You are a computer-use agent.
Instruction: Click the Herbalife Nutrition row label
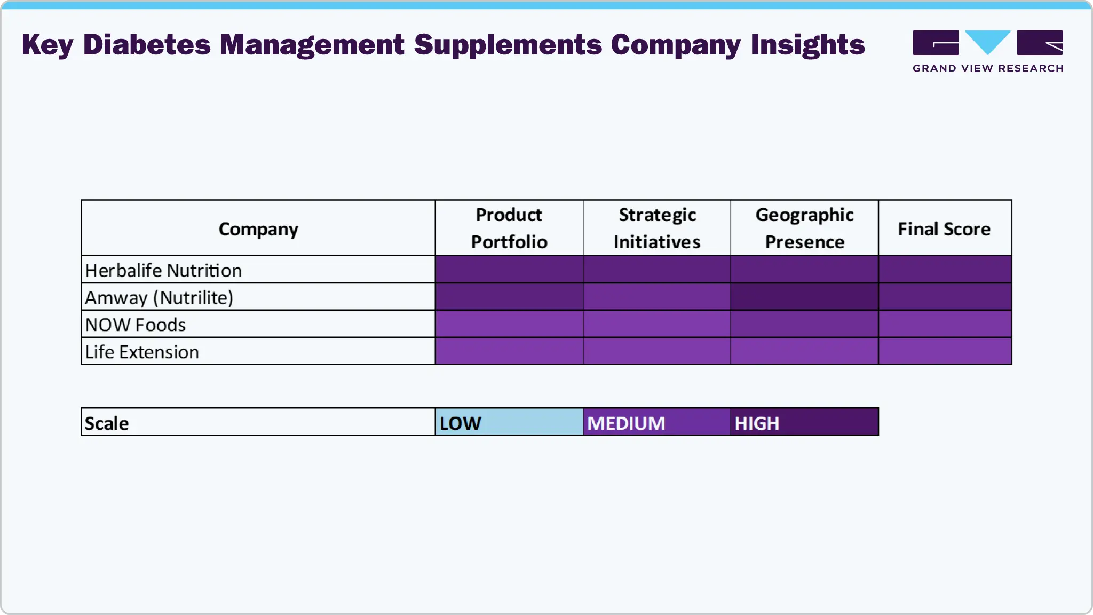(163, 270)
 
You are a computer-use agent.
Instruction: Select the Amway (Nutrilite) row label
(159, 297)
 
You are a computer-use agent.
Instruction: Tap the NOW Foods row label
(136, 325)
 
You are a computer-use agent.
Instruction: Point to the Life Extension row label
(142, 352)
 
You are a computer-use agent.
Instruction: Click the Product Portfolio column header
(509, 228)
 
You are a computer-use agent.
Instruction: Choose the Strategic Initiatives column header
(657, 228)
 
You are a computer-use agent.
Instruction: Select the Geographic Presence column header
(805, 228)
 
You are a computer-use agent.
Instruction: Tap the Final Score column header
(944, 229)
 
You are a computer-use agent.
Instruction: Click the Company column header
(258, 229)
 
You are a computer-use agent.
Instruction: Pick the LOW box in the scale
(509, 422)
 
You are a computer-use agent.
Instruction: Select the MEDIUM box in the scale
(657, 422)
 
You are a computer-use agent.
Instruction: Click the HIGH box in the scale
(805, 422)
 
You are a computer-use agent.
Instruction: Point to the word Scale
(107, 423)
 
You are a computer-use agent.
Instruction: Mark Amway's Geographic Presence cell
(805, 297)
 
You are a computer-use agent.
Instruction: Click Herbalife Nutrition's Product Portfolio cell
(509, 270)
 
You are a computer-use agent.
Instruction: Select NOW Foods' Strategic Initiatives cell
(657, 324)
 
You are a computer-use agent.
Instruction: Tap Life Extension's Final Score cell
(945, 351)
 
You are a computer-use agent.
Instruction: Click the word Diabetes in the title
(147, 45)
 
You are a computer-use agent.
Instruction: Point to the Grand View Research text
(988, 68)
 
